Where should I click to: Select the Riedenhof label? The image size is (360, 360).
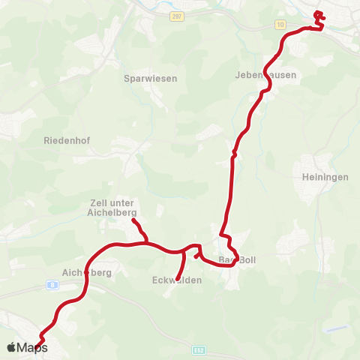tap(67, 140)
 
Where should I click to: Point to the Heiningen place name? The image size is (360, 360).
tap(325, 177)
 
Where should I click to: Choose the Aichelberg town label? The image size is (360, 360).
tap(88, 273)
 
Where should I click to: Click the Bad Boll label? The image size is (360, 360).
tap(237, 260)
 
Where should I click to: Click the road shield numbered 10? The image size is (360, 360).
tap(280, 25)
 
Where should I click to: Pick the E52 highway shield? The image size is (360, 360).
tap(198, 349)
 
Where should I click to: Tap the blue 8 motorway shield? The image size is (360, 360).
tap(52, 285)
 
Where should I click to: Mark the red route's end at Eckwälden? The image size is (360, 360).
tap(178, 277)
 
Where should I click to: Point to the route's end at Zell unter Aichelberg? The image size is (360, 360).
tap(133, 220)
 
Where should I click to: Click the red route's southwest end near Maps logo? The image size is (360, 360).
tap(35, 346)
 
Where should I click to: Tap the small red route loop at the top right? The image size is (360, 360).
tap(319, 16)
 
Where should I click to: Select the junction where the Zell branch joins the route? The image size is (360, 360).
tap(146, 242)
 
